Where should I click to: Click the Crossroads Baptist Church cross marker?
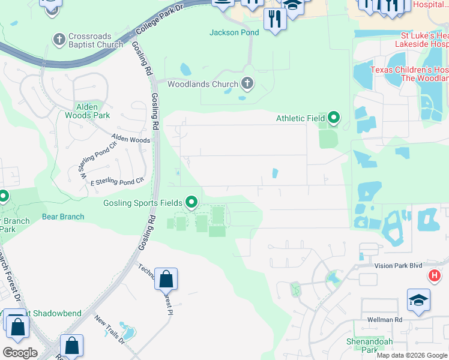pyautogui.click(x=59, y=40)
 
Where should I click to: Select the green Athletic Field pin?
pyautogui.click(x=334, y=118)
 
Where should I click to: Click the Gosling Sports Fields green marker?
pyautogui.click(x=191, y=202)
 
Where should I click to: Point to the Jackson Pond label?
pyautogui.click(x=234, y=32)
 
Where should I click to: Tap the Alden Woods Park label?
pyautogui.click(x=87, y=111)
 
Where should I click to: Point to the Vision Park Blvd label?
pyautogui.click(x=398, y=265)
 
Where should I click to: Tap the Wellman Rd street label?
pyautogui.click(x=381, y=320)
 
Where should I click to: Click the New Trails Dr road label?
pyautogui.click(x=109, y=331)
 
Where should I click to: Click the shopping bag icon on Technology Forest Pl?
pyautogui.click(x=166, y=279)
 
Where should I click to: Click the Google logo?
pyautogui.click(x=20, y=353)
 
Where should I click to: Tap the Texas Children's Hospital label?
pyautogui.click(x=409, y=74)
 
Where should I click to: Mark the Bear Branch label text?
pyautogui.click(x=62, y=217)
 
